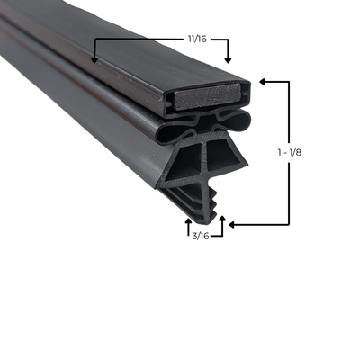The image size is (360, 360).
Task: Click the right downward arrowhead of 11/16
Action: [227, 59]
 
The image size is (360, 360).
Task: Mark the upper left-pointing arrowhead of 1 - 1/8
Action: [261, 81]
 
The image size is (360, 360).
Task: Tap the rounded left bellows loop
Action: [171, 132]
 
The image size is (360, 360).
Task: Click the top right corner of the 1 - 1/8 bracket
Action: [289, 81]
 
